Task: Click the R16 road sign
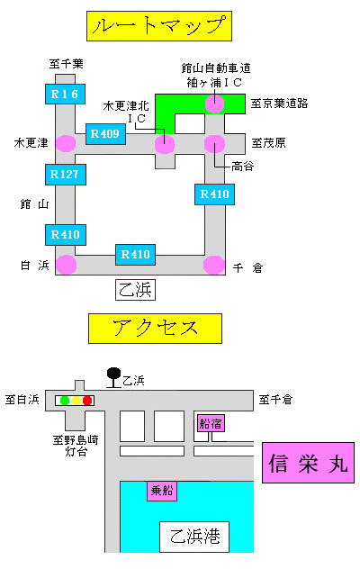[65, 94]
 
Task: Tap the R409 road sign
[105, 133]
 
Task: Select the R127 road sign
[65, 175]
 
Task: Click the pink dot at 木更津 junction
[66, 143]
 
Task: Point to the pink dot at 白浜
[67, 265]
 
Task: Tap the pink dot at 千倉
[214, 265]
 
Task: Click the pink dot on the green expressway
[214, 104]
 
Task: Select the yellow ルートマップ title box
[159, 26]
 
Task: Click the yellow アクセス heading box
[155, 329]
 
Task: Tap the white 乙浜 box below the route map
[135, 290]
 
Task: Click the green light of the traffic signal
[65, 401]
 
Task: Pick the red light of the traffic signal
[87, 401]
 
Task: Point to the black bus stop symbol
[114, 377]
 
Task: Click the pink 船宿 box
[211, 423]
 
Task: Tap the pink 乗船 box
[162, 491]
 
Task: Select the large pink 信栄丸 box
[308, 463]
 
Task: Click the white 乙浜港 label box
[194, 537]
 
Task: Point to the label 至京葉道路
[279, 104]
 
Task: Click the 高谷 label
[242, 167]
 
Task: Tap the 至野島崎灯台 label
[76, 446]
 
